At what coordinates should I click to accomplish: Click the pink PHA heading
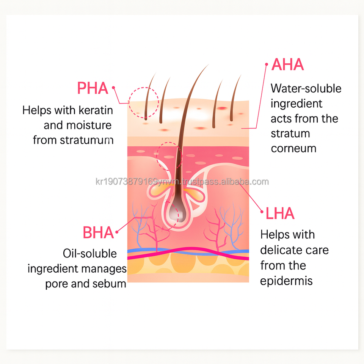93,88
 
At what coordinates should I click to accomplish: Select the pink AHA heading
288,65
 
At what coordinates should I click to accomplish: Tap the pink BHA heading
98,233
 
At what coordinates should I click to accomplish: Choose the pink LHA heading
280,214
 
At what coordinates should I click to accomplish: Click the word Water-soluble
306,88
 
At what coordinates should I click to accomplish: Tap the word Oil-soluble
89,254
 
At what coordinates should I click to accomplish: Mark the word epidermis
286,281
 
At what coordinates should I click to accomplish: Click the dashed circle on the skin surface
143,102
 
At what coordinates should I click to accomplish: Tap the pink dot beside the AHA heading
266,64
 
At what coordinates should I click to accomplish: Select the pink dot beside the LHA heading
261,212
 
